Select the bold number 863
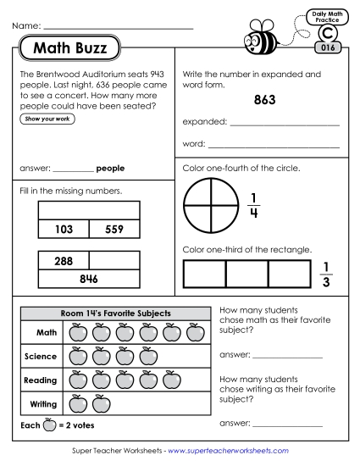point(264,100)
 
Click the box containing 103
point(64,229)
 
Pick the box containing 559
point(114,229)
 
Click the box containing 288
point(64,262)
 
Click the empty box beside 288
point(114,262)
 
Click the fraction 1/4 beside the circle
point(253,206)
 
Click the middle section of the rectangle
point(246,274)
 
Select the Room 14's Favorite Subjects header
point(115,313)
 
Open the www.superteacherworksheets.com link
point(228,451)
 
